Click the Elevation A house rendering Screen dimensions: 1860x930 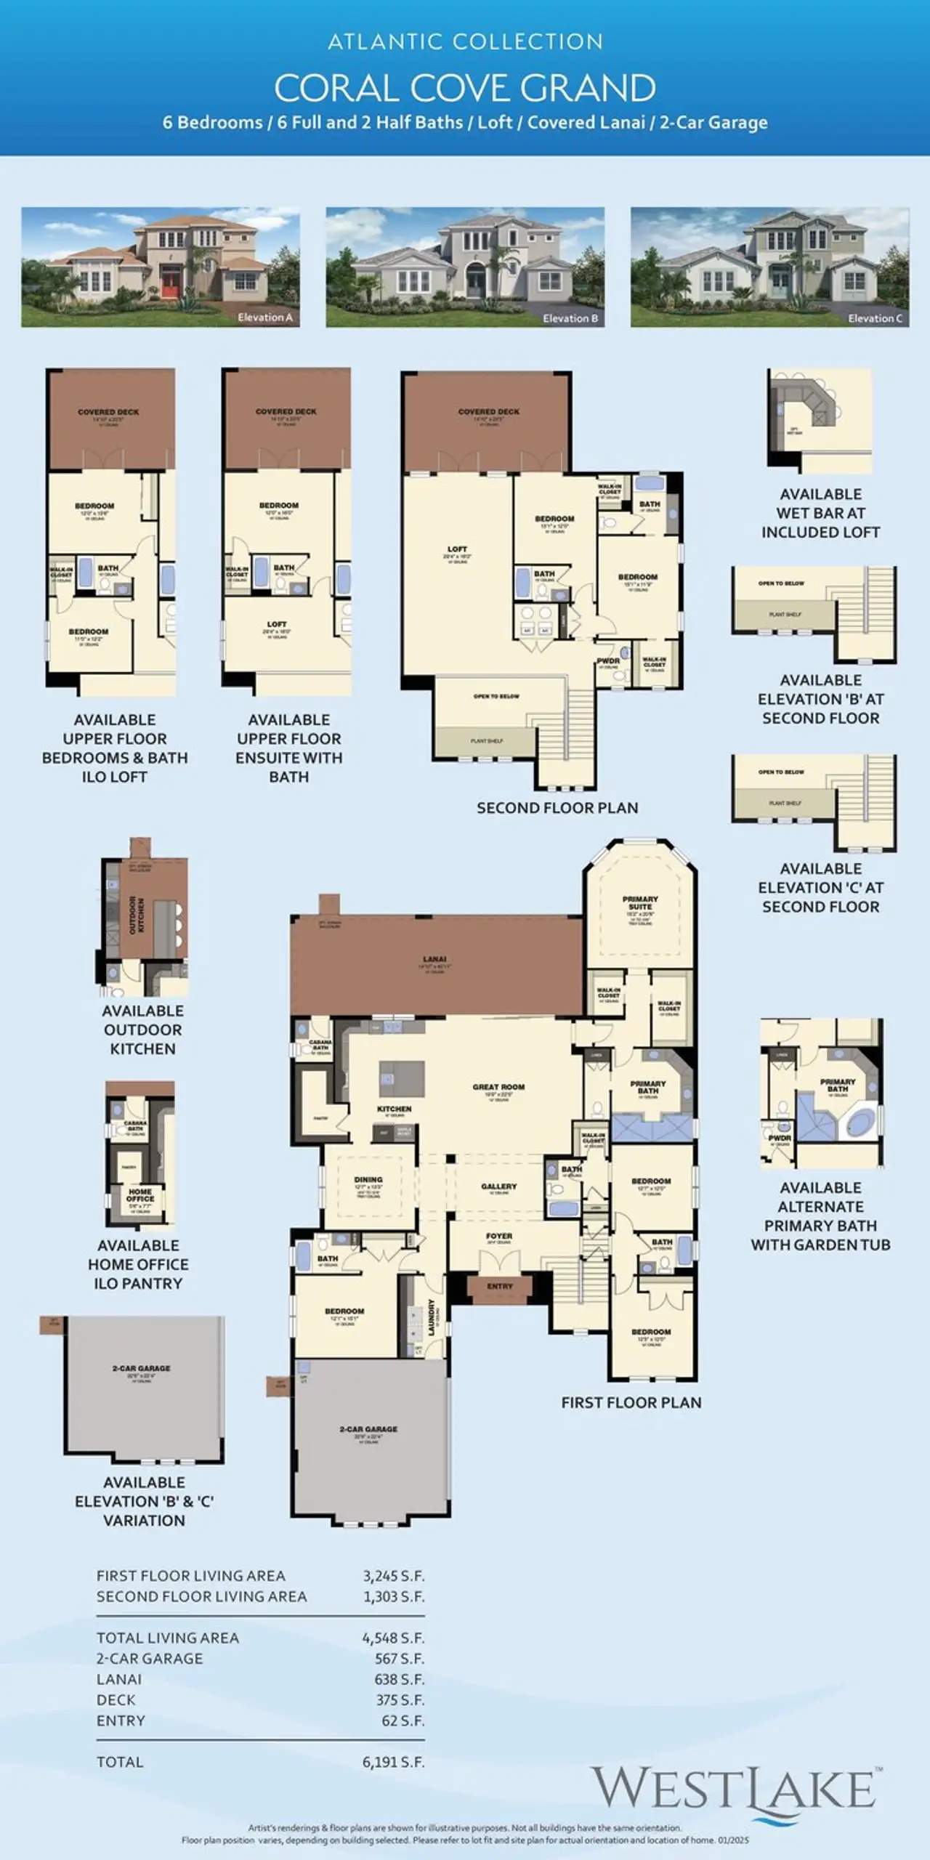[x=160, y=267]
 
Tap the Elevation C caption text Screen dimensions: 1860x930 [x=875, y=318]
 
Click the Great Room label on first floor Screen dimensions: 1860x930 [x=498, y=1087]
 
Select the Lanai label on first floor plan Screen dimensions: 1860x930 [x=434, y=959]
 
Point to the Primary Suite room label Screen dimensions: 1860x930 [x=640, y=902]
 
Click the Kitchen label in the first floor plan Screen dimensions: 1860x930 [x=394, y=1109]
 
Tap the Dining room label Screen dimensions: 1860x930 [x=368, y=1180]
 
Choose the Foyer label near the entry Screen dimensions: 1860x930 [x=499, y=1236]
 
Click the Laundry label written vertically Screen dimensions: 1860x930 [x=432, y=1317]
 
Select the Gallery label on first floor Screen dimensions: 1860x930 [x=498, y=1186]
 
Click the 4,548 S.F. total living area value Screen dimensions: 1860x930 [x=393, y=1638]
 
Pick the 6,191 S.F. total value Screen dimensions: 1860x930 [x=393, y=1762]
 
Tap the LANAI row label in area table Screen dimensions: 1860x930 [x=119, y=1679]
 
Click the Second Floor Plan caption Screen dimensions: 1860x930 [x=557, y=808]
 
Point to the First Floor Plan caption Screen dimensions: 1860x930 [x=631, y=1403]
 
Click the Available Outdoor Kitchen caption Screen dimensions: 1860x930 [x=142, y=1030]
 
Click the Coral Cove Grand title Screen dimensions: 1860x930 [x=465, y=89]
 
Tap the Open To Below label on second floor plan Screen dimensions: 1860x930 [x=496, y=696]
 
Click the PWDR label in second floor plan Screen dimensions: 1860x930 [x=608, y=661]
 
